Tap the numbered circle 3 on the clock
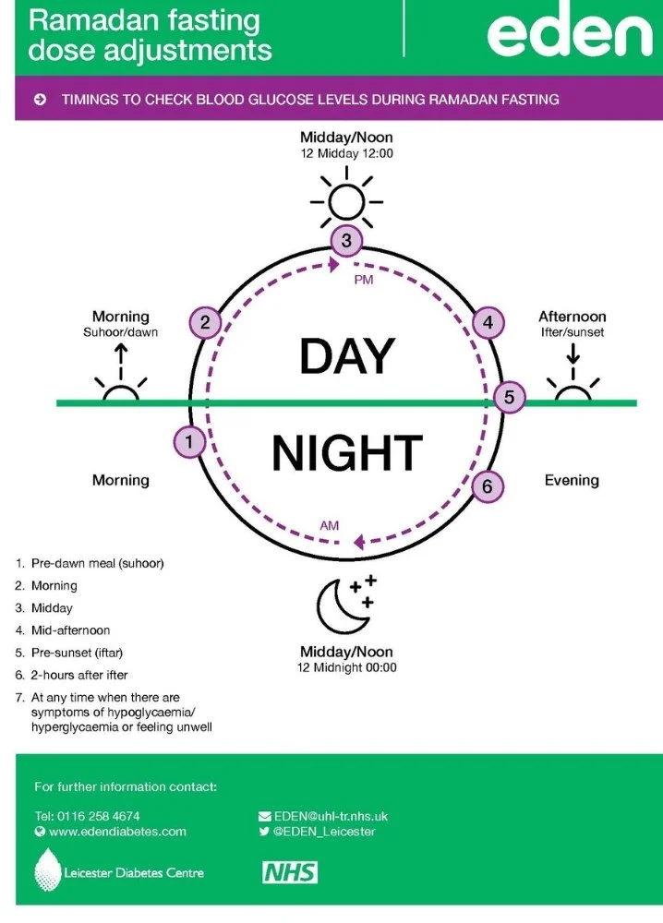(x=345, y=241)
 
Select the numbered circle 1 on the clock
(x=189, y=442)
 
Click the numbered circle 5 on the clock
(x=509, y=398)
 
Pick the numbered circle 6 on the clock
(x=488, y=486)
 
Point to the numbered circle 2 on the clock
(x=205, y=322)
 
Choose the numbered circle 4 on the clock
(x=488, y=322)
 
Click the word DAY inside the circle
(x=346, y=355)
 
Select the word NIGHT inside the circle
(x=346, y=453)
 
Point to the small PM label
(x=364, y=280)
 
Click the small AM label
(x=330, y=525)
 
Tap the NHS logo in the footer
(x=290, y=872)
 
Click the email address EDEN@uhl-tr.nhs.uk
(x=330, y=816)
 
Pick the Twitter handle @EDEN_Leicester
(x=324, y=831)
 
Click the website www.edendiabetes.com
(x=117, y=831)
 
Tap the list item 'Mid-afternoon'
(x=70, y=630)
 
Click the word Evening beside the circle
(x=572, y=480)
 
